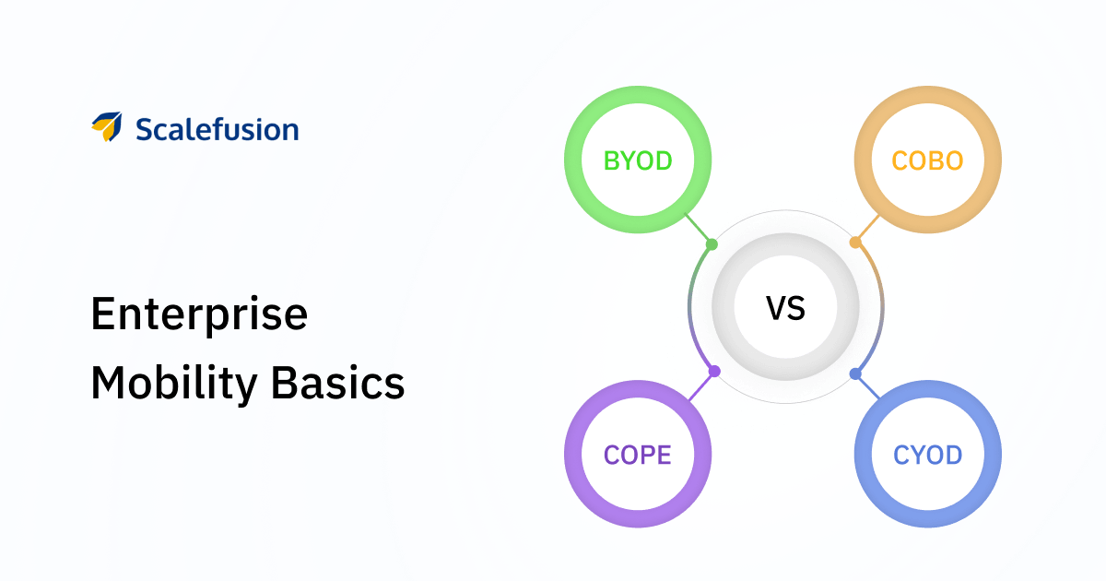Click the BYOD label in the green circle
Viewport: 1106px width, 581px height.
[x=638, y=160]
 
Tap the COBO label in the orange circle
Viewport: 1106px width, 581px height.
[x=927, y=160]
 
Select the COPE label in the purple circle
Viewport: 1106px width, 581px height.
[x=638, y=455]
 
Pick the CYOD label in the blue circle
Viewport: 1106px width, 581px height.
[x=928, y=455]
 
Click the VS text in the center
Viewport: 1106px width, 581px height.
[x=785, y=308]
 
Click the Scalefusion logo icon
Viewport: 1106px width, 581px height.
[x=107, y=126]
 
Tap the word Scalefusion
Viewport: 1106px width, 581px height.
[x=218, y=129]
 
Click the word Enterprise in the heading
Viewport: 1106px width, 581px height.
[x=199, y=314]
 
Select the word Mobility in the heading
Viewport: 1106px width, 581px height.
[x=174, y=384]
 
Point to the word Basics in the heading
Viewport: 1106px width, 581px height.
[x=338, y=384]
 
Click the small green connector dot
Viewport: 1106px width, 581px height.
[x=712, y=244]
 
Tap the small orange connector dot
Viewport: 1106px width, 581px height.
[x=855, y=243]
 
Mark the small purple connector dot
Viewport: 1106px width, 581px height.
[x=714, y=371]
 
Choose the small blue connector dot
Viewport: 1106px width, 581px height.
[x=855, y=374]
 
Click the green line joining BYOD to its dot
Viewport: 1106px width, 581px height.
[x=698, y=229]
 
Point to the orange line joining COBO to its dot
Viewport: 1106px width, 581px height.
[x=867, y=229]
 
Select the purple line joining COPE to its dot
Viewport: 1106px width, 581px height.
[x=701, y=385]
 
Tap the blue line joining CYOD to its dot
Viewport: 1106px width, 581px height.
[x=867, y=386]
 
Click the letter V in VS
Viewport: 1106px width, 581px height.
[x=776, y=308]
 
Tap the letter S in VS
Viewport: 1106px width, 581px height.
[x=796, y=308]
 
